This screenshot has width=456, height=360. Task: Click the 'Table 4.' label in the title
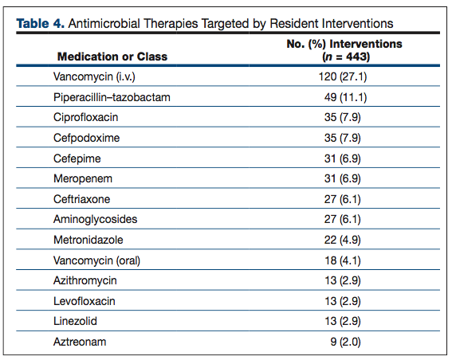(40, 24)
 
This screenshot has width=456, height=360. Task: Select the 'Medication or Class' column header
(112, 57)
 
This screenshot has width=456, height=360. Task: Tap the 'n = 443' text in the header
(346, 57)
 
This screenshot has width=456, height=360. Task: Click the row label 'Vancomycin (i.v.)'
(94, 76)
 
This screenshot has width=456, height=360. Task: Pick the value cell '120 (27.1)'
(343, 76)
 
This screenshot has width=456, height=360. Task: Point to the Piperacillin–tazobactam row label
(112, 97)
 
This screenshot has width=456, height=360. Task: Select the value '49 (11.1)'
(345, 97)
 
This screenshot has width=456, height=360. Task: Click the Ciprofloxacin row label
(86, 117)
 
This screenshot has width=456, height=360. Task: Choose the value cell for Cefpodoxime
(343, 138)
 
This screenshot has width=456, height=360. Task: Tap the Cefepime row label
(77, 158)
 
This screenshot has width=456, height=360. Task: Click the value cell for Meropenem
(343, 178)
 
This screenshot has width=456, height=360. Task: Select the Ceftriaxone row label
(82, 199)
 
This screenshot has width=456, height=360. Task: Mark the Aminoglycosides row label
(95, 219)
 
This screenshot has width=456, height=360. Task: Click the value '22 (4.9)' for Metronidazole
(343, 240)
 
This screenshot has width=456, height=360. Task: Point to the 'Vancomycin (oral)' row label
(96, 260)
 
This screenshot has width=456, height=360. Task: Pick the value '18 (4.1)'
(343, 260)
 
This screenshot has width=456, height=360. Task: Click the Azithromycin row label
(85, 280)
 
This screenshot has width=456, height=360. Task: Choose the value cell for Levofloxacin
(343, 301)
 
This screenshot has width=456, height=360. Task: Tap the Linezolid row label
(75, 321)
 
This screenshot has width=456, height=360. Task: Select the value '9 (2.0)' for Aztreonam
(345, 342)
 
